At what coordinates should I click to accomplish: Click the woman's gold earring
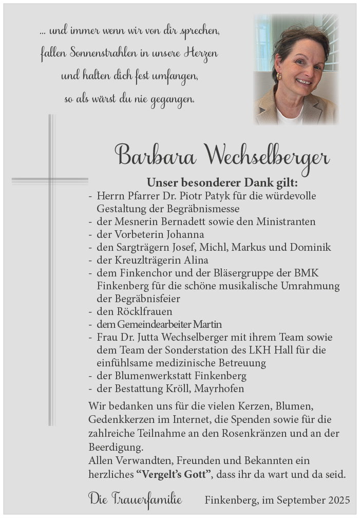tap(279, 76)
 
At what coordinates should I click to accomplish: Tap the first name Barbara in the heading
tap(155, 155)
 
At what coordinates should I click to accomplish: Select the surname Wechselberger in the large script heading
tap(267, 156)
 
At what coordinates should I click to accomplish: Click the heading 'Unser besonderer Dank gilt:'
tap(222, 182)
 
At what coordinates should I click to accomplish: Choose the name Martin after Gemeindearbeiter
tap(207, 324)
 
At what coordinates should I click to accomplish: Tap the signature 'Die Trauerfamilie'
tap(135, 498)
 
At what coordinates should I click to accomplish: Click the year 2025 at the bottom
tap(337, 499)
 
